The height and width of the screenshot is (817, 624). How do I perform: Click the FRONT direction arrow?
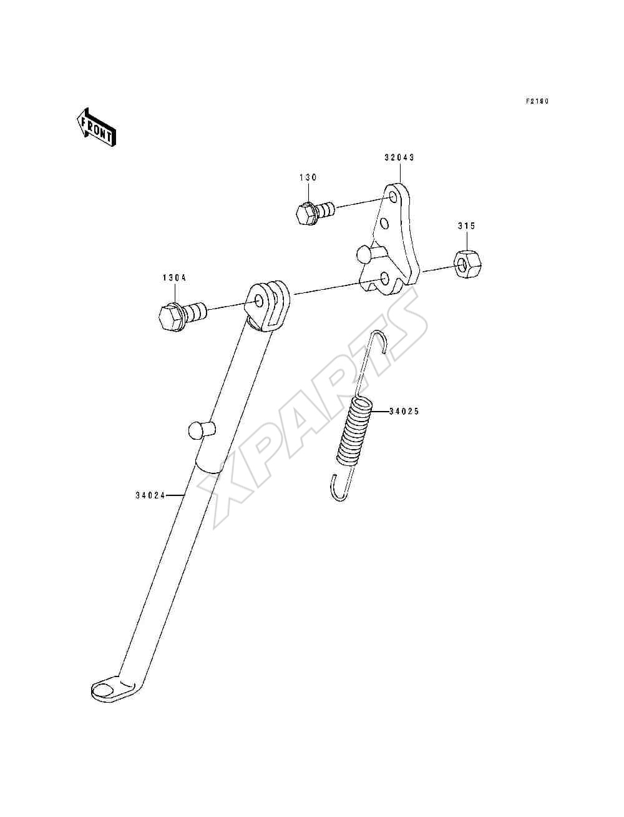[96, 127]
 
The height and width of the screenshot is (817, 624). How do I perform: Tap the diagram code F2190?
[537, 101]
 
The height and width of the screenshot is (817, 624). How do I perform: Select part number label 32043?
[399, 157]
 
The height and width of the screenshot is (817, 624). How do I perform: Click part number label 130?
[308, 177]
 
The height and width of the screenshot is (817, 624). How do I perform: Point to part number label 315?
[466, 226]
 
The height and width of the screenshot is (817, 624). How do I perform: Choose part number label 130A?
[174, 278]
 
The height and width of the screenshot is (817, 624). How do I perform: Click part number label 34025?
[404, 411]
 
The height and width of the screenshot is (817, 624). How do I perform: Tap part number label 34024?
[150, 495]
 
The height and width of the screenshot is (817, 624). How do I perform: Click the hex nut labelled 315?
[467, 263]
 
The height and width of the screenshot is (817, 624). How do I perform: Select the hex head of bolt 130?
[306, 213]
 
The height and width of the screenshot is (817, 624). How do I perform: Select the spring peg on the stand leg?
[201, 430]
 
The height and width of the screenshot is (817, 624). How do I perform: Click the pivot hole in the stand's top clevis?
[259, 300]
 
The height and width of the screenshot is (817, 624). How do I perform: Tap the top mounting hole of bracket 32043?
[392, 196]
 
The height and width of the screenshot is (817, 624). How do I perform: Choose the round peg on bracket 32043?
[364, 253]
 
